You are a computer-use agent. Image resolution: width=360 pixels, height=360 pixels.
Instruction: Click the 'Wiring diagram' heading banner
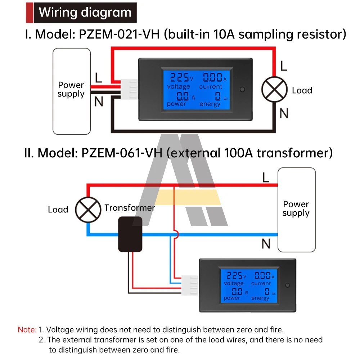click(x=85, y=13)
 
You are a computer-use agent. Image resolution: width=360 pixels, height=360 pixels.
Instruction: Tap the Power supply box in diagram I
click(x=71, y=91)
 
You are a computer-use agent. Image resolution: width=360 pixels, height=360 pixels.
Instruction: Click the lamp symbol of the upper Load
click(x=275, y=90)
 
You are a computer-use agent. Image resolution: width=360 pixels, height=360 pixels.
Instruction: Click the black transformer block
click(x=130, y=234)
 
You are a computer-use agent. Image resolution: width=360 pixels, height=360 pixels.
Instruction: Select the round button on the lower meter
click(x=287, y=286)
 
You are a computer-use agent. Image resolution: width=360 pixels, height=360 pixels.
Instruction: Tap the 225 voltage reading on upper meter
click(x=179, y=77)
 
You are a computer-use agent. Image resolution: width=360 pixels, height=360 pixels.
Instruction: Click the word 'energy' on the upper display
click(x=210, y=104)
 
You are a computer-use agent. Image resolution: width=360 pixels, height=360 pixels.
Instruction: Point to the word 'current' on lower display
click(x=261, y=284)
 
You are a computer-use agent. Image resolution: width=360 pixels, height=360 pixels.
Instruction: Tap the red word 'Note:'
click(x=27, y=329)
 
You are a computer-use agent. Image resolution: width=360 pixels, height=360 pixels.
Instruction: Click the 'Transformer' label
click(x=130, y=208)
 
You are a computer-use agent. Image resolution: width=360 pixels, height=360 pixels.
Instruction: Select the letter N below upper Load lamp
click(x=284, y=113)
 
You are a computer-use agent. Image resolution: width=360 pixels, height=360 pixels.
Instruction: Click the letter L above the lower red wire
click(x=266, y=177)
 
